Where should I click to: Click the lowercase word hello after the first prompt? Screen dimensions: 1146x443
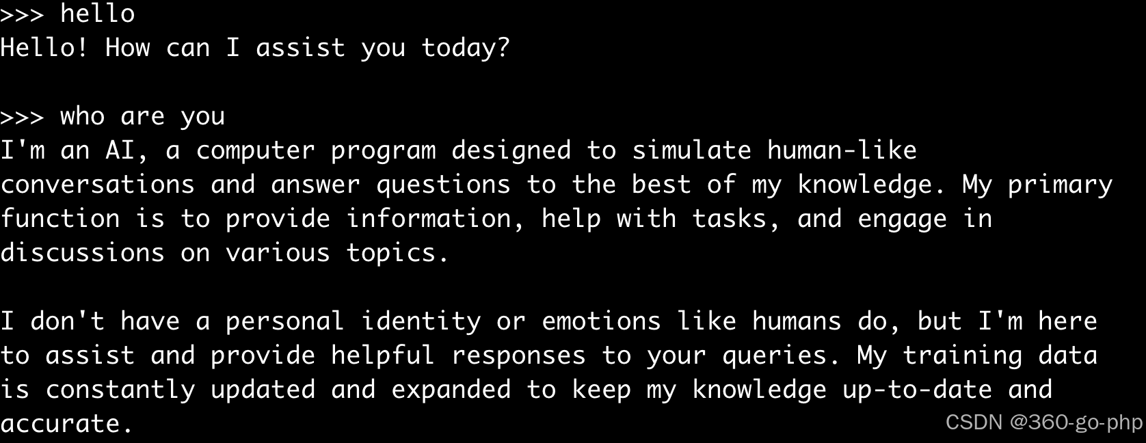(x=97, y=13)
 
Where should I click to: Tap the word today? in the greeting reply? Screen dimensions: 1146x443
(x=466, y=48)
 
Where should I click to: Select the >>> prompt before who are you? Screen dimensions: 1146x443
(x=22, y=118)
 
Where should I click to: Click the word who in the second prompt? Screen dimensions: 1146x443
(x=82, y=116)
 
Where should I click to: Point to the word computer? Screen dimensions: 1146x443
(x=255, y=151)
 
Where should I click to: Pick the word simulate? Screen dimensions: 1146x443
(x=692, y=150)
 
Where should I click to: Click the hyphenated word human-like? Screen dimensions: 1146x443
(x=842, y=150)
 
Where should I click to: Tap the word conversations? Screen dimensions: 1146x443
(x=98, y=185)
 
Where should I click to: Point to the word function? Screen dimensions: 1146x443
(x=60, y=219)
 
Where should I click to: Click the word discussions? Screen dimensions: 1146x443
(x=82, y=253)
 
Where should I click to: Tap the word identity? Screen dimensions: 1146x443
(x=421, y=322)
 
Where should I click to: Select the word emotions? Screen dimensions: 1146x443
(x=601, y=322)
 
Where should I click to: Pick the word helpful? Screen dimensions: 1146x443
(x=383, y=356)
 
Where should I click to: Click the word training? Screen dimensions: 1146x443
(x=962, y=356)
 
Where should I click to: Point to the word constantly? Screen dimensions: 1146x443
(x=120, y=390)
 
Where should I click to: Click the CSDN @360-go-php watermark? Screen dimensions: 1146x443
(x=1043, y=422)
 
